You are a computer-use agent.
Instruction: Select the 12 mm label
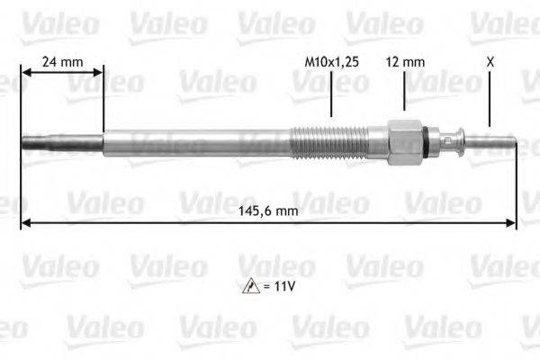404,63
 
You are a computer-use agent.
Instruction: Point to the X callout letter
490,63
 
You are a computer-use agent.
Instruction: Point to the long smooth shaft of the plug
198,142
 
